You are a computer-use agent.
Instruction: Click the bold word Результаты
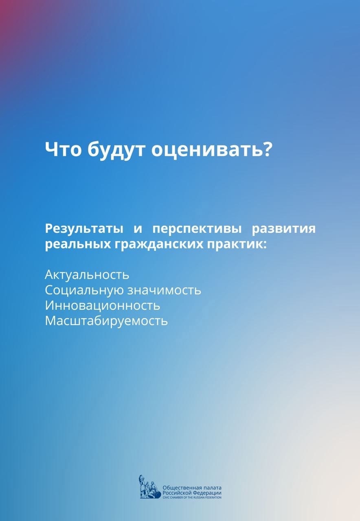tap(84, 229)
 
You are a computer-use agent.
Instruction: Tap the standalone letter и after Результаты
tap(138, 230)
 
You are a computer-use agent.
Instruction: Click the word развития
tap(284, 229)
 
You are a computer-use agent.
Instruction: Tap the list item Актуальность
tap(87, 275)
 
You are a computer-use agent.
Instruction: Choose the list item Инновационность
tap(102, 306)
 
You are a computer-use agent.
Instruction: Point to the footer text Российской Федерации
tap(192, 492)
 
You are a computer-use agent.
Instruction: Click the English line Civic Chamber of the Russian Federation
tap(192, 497)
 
